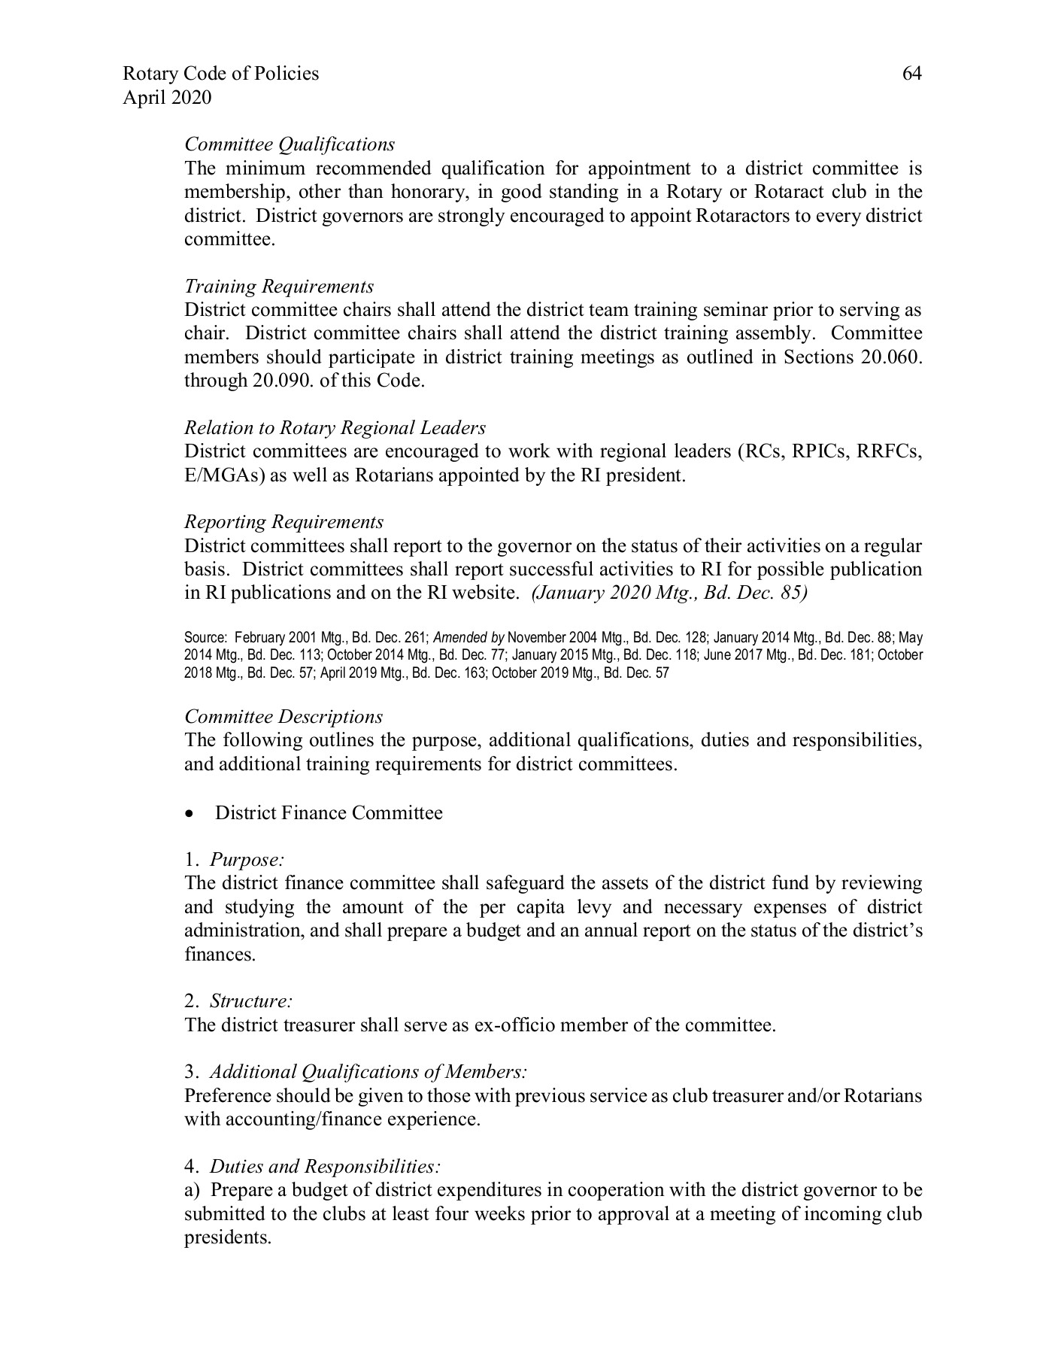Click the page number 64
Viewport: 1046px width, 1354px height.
[x=911, y=74]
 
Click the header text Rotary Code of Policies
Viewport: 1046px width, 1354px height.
[x=220, y=74]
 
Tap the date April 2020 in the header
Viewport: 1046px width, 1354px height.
[x=166, y=98]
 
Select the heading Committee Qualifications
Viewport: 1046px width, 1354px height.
[x=290, y=144]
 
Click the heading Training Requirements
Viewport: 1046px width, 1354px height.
[x=279, y=287]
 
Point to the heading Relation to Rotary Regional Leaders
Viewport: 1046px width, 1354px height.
[x=335, y=428]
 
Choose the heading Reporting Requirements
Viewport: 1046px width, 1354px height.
[x=283, y=522]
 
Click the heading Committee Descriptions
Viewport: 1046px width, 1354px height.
[x=283, y=717]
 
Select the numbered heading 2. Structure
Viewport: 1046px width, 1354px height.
[x=238, y=1001]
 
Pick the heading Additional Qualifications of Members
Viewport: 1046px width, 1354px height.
[x=356, y=1072]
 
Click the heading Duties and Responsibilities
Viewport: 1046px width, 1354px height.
[x=313, y=1167]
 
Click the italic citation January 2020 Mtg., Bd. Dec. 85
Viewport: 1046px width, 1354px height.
[x=669, y=593]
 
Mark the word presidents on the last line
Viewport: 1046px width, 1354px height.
[x=227, y=1237]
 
